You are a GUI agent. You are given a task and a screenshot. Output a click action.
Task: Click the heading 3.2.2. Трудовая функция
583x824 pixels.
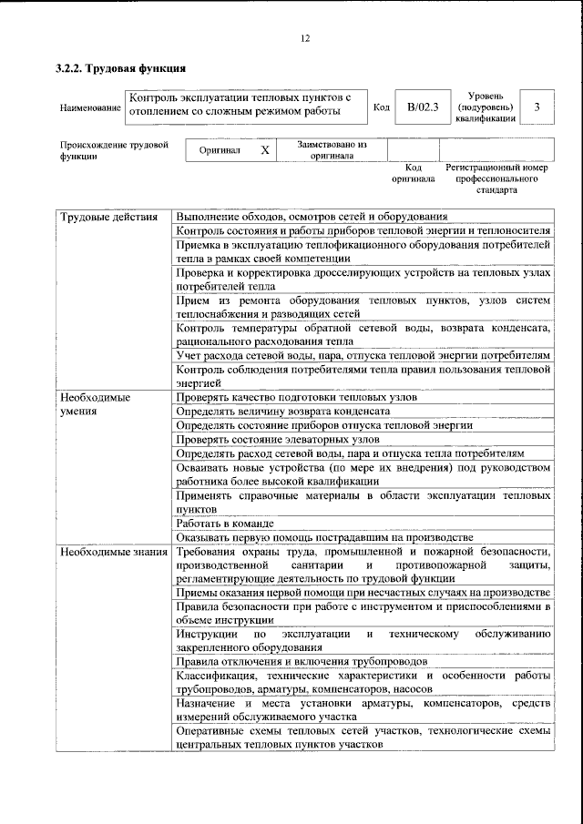tap(121, 68)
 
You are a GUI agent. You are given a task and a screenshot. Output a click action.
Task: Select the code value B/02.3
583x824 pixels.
tap(423, 107)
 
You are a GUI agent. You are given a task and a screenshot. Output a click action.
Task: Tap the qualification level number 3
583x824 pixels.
tap(537, 107)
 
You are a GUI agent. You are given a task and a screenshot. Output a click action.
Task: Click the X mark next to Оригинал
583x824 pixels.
tap(264, 150)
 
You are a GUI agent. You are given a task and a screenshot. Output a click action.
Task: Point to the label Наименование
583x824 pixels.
tap(90, 107)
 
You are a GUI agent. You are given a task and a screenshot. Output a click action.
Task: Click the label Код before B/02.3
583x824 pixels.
tap(383, 107)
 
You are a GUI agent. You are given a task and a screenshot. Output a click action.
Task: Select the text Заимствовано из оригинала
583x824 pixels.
tap(332, 149)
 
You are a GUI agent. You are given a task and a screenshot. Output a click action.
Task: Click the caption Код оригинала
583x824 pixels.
tap(413, 174)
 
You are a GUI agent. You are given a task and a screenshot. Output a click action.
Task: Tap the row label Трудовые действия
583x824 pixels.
tap(102, 217)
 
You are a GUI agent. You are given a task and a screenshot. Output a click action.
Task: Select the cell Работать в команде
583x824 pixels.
tap(225, 524)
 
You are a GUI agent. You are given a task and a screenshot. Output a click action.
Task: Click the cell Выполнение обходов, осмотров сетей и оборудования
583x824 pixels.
tap(312, 217)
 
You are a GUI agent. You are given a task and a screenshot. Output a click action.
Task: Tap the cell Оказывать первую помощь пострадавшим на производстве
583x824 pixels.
tap(324, 537)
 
